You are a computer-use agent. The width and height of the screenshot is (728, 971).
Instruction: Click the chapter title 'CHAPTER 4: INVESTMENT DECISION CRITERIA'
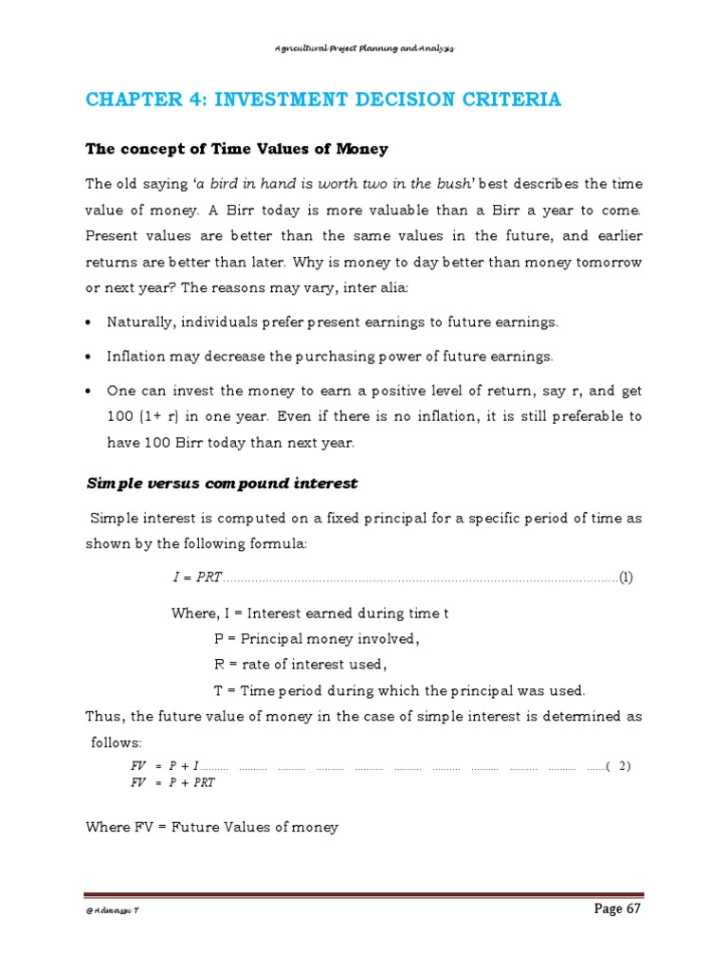pos(323,100)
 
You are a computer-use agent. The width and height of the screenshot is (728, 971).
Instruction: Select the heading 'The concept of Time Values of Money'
pos(237,149)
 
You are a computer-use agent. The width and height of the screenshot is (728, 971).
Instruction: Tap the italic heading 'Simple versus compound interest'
pos(222,483)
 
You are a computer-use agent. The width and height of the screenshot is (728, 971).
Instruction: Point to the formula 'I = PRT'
pos(196,577)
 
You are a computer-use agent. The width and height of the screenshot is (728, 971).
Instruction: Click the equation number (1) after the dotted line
pos(626,577)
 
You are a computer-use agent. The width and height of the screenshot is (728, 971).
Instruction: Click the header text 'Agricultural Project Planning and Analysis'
pos(364,48)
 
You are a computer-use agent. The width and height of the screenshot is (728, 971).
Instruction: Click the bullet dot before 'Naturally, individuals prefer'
pos(88,323)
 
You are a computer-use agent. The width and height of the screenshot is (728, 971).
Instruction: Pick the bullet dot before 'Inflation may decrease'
pos(88,357)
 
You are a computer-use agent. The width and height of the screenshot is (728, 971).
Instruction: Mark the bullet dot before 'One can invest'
pos(88,391)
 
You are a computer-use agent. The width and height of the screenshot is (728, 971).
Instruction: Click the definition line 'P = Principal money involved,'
pos(317,638)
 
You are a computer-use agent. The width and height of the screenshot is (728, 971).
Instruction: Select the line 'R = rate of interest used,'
pos(300,664)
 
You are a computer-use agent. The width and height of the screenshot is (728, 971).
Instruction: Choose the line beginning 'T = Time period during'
pos(400,689)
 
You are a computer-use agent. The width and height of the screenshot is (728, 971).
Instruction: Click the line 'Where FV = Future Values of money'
pos(211,827)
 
